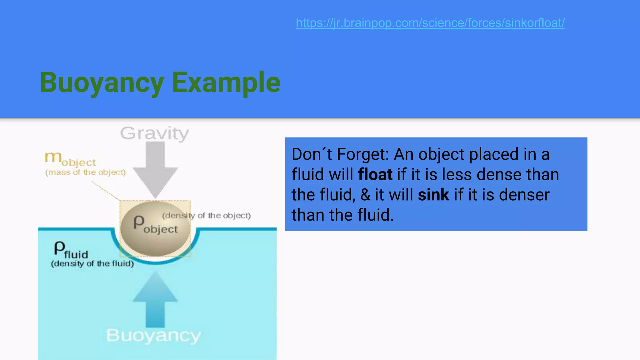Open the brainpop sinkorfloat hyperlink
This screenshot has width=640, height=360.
(430, 23)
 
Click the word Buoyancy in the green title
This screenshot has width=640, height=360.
(102, 82)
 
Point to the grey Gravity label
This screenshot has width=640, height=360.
(155, 133)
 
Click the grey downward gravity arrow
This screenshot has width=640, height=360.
(155, 169)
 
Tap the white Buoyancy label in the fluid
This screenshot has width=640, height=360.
(153, 336)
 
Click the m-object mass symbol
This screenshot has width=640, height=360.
(70, 159)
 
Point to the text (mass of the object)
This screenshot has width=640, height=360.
(85, 172)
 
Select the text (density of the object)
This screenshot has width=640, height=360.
(206, 215)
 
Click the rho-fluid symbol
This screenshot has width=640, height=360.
(71, 250)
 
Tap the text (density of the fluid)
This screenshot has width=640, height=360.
(92, 263)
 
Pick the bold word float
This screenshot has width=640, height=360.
(375, 174)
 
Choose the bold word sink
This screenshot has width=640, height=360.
(433, 195)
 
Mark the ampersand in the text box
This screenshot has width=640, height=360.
(365, 195)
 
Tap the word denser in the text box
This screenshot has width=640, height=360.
(524, 195)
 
